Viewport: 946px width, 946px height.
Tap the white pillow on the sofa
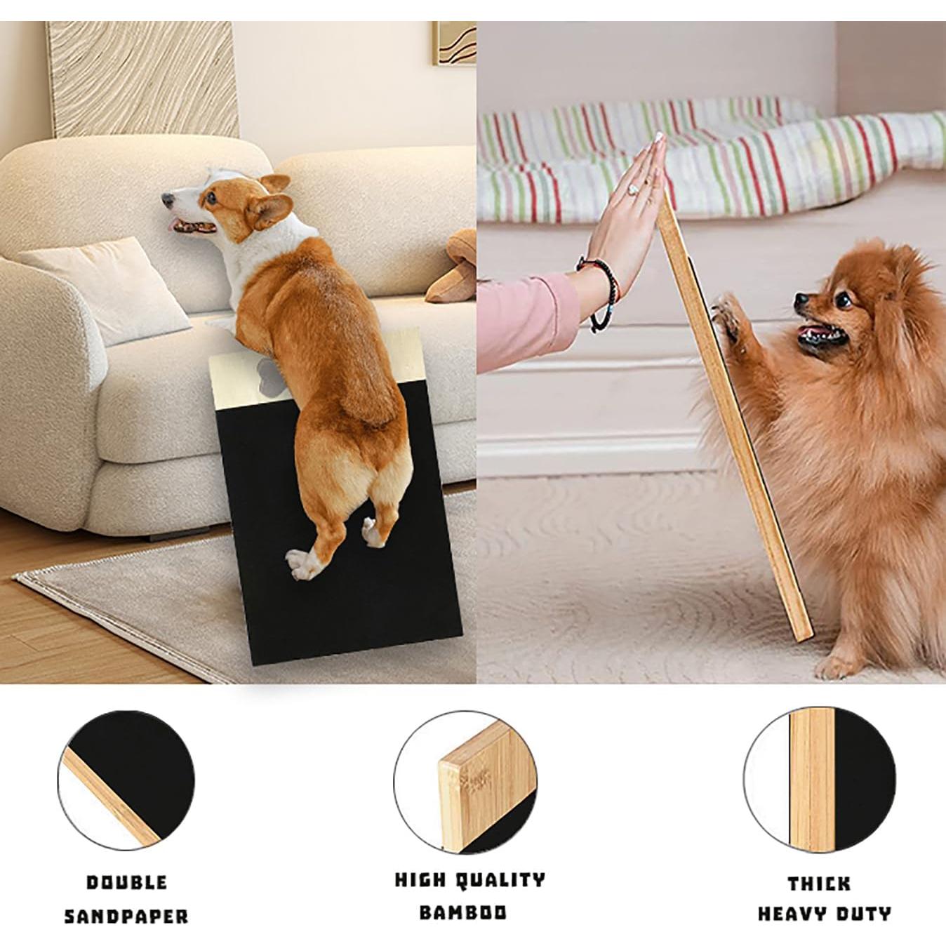point(105,288)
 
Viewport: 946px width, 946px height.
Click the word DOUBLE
point(127,882)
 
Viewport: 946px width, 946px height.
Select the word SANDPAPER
point(127,916)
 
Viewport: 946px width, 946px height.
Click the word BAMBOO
point(462,912)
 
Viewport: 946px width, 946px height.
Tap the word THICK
point(819,883)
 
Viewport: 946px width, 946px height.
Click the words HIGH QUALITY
point(469,880)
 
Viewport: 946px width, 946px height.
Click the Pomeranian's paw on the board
point(727,312)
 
